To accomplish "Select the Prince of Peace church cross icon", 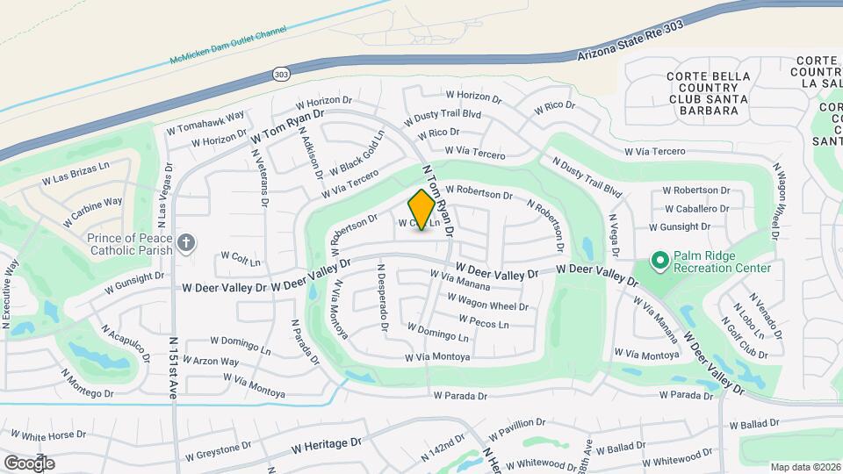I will pos(185,242).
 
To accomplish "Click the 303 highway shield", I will pos(280,74).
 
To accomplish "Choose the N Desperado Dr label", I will pos(382,298).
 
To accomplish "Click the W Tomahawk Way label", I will pos(205,122).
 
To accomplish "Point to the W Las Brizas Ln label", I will pos(76,173).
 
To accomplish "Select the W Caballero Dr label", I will pos(696,209).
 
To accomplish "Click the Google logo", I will pos(29,463).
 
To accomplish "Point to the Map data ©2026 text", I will pos(805,467).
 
